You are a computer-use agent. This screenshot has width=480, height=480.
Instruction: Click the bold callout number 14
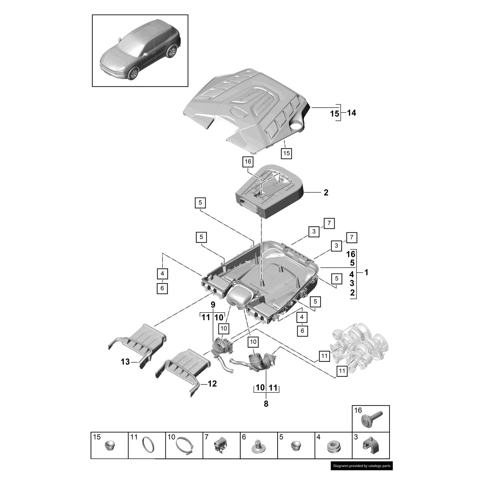tap(352, 113)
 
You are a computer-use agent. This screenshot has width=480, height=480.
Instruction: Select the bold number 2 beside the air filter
tap(326, 193)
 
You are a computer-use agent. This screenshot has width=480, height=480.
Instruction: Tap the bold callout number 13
tap(125, 362)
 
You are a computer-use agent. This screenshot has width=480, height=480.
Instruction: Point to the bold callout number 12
tap(212, 384)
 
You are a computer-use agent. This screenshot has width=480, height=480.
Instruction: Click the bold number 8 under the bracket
tap(266, 404)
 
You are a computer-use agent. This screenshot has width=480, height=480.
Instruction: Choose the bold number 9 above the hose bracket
tap(213, 305)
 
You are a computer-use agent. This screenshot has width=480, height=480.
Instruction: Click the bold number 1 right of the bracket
tap(366, 272)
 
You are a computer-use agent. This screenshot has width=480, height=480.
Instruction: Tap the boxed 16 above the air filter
tap(248, 162)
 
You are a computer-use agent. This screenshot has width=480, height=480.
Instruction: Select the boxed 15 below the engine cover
tap(286, 153)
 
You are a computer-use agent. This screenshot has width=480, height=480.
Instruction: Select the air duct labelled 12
tap(184, 367)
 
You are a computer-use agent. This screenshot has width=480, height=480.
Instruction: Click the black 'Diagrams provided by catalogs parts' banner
tap(361, 466)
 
